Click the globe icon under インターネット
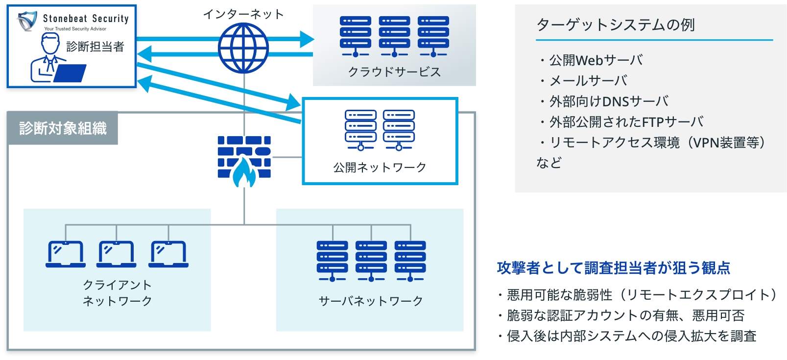coord(243,48)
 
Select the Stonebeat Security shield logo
coord(27,21)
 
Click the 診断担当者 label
coord(95,47)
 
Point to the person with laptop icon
coord(58,58)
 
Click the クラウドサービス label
coord(394,72)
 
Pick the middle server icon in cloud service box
coord(394,37)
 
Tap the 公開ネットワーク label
coord(380,167)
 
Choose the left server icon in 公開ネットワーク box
coord(360,130)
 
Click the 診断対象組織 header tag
coord(63,128)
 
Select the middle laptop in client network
coord(116,254)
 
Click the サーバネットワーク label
coord(371,301)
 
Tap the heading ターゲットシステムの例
coord(616,25)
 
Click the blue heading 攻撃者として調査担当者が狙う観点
coord(614,268)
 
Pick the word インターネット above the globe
coord(243,14)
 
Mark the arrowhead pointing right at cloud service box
coord(307,39)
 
